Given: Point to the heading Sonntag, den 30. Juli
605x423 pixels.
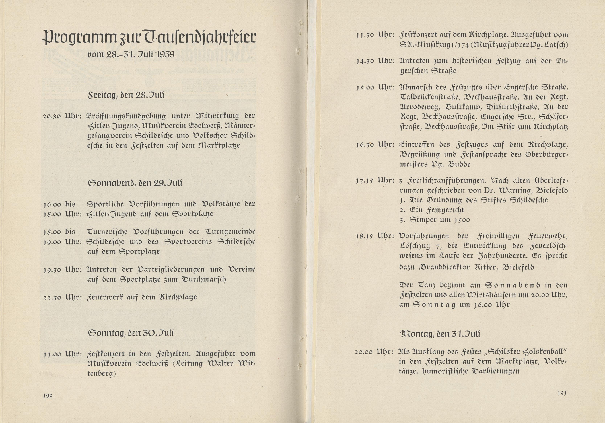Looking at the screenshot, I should [x=131, y=333].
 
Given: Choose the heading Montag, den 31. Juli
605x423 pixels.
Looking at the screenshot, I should [x=440, y=334].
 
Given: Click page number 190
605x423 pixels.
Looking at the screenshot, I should [x=48, y=395].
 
